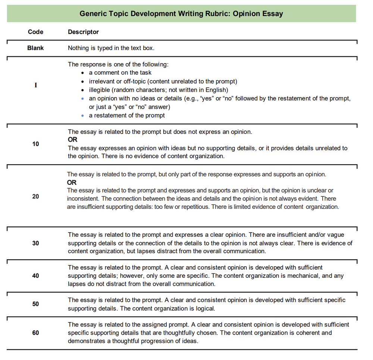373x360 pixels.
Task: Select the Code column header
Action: (35, 32)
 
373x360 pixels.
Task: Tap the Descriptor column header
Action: (83, 32)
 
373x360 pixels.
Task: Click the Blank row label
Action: (35, 48)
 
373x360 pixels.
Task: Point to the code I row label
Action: (35, 85)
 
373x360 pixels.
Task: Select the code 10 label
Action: (35, 144)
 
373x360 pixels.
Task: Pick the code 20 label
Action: (35, 196)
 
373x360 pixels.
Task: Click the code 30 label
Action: (35, 243)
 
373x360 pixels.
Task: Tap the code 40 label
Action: (35, 276)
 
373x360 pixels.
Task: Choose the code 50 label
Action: (35, 304)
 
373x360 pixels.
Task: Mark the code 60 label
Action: (35, 332)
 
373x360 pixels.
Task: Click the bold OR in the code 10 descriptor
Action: (72, 140)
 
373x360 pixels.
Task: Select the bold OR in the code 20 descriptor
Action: (72, 183)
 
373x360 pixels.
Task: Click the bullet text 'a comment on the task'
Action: (120, 73)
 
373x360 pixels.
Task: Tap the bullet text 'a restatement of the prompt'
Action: (127, 115)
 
